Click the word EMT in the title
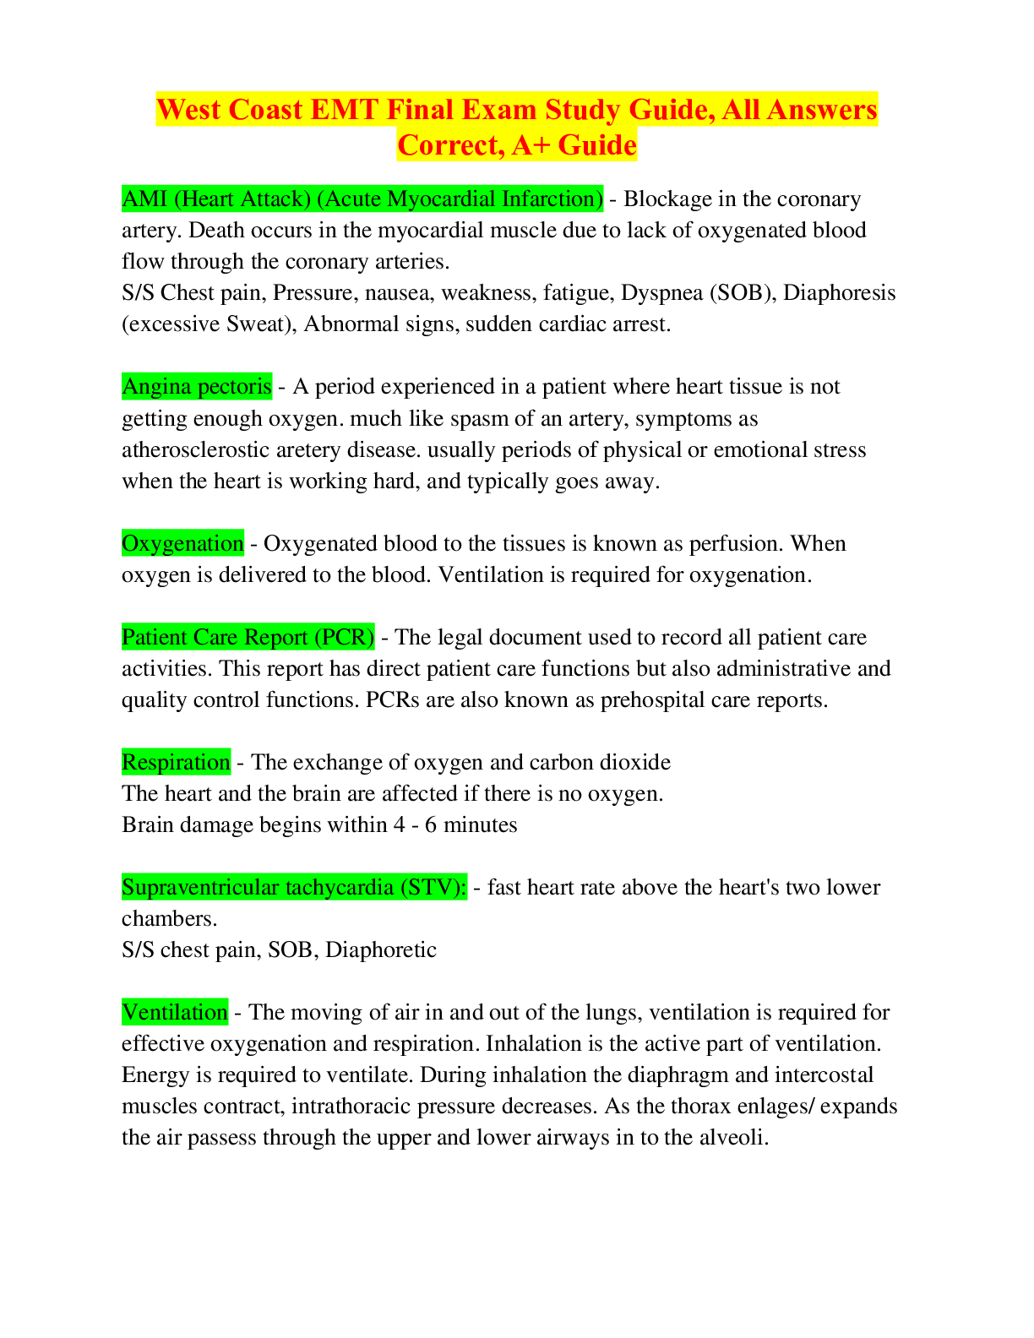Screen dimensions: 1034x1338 pyautogui.click(x=345, y=110)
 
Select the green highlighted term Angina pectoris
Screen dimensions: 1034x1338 pyautogui.click(x=197, y=387)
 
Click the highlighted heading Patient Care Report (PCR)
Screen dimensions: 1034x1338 pyautogui.click(x=248, y=637)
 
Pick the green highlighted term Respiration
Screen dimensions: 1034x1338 pyautogui.click(x=176, y=762)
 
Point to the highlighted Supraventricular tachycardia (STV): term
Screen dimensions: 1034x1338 pyautogui.click(x=294, y=887)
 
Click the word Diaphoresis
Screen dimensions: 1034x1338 pyautogui.click(x=840, y=292)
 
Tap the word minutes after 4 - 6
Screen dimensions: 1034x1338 pyautogui.click(x=481, y=825)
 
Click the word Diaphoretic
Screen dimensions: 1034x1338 pyautogui.click(x=381, y=950)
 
